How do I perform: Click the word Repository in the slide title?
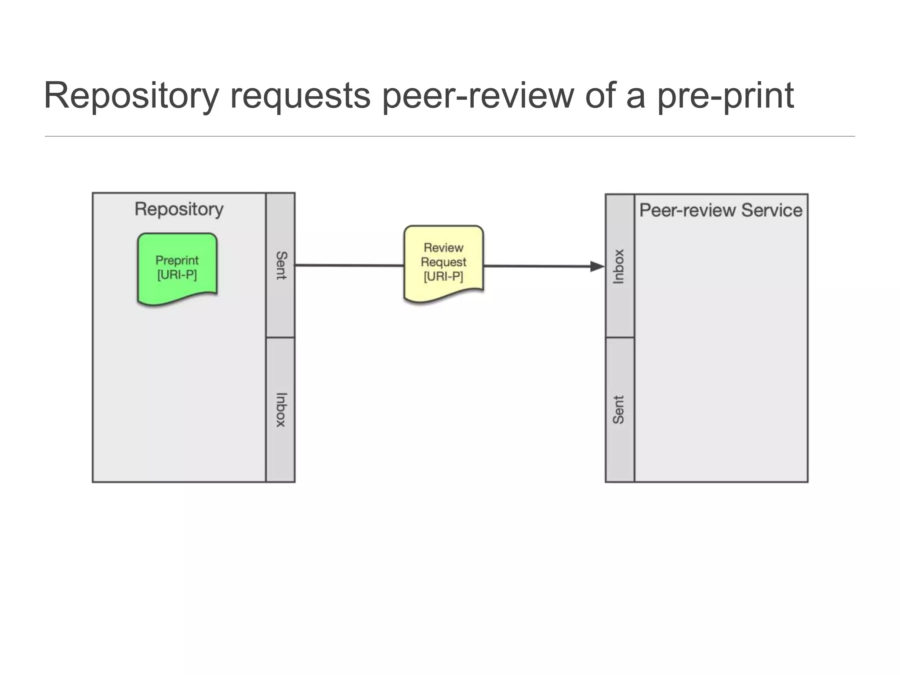click(x=131, y=96)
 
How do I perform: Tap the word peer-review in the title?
click(x=478, y=96)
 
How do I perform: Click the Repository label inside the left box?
click(x=179, y=209)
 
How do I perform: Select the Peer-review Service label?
click(x=721, y=210)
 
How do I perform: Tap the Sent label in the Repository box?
click(x=281, y=265)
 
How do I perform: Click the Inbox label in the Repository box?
click(x=281, y=410)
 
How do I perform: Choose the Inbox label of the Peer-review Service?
click(x=619, y=266)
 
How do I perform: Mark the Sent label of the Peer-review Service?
click(x=619, y=410)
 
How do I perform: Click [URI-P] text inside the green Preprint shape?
click(x=177, y=275)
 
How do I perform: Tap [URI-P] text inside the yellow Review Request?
click(x=443, y=276)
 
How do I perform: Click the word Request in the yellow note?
click(x=443, y=262)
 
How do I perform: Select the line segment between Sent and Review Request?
click(x=349, y=265)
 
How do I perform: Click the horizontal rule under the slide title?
click(x=450, y=136)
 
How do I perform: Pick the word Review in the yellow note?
click(x=443, y=248)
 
